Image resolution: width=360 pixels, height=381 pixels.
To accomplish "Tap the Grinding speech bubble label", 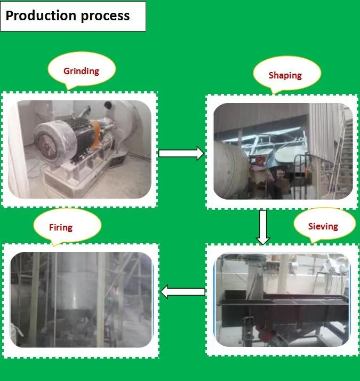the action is click(81, 71).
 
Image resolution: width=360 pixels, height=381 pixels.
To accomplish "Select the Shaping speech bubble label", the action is click(285, 75).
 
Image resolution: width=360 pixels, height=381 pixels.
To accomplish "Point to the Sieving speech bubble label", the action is click(323, 226).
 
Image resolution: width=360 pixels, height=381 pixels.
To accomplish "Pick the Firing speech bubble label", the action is click(60, 227).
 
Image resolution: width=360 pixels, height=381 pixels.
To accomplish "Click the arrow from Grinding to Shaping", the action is click(181, 154).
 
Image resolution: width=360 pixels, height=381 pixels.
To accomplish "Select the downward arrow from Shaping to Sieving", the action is click(262, 227).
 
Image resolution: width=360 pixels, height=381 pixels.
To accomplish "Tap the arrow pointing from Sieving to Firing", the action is click(183, 291).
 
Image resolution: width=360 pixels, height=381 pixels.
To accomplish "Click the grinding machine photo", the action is click(79, 149).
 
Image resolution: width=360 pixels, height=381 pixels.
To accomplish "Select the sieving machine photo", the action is click(281, 300).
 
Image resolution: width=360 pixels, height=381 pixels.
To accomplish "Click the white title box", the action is click(73, 16).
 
